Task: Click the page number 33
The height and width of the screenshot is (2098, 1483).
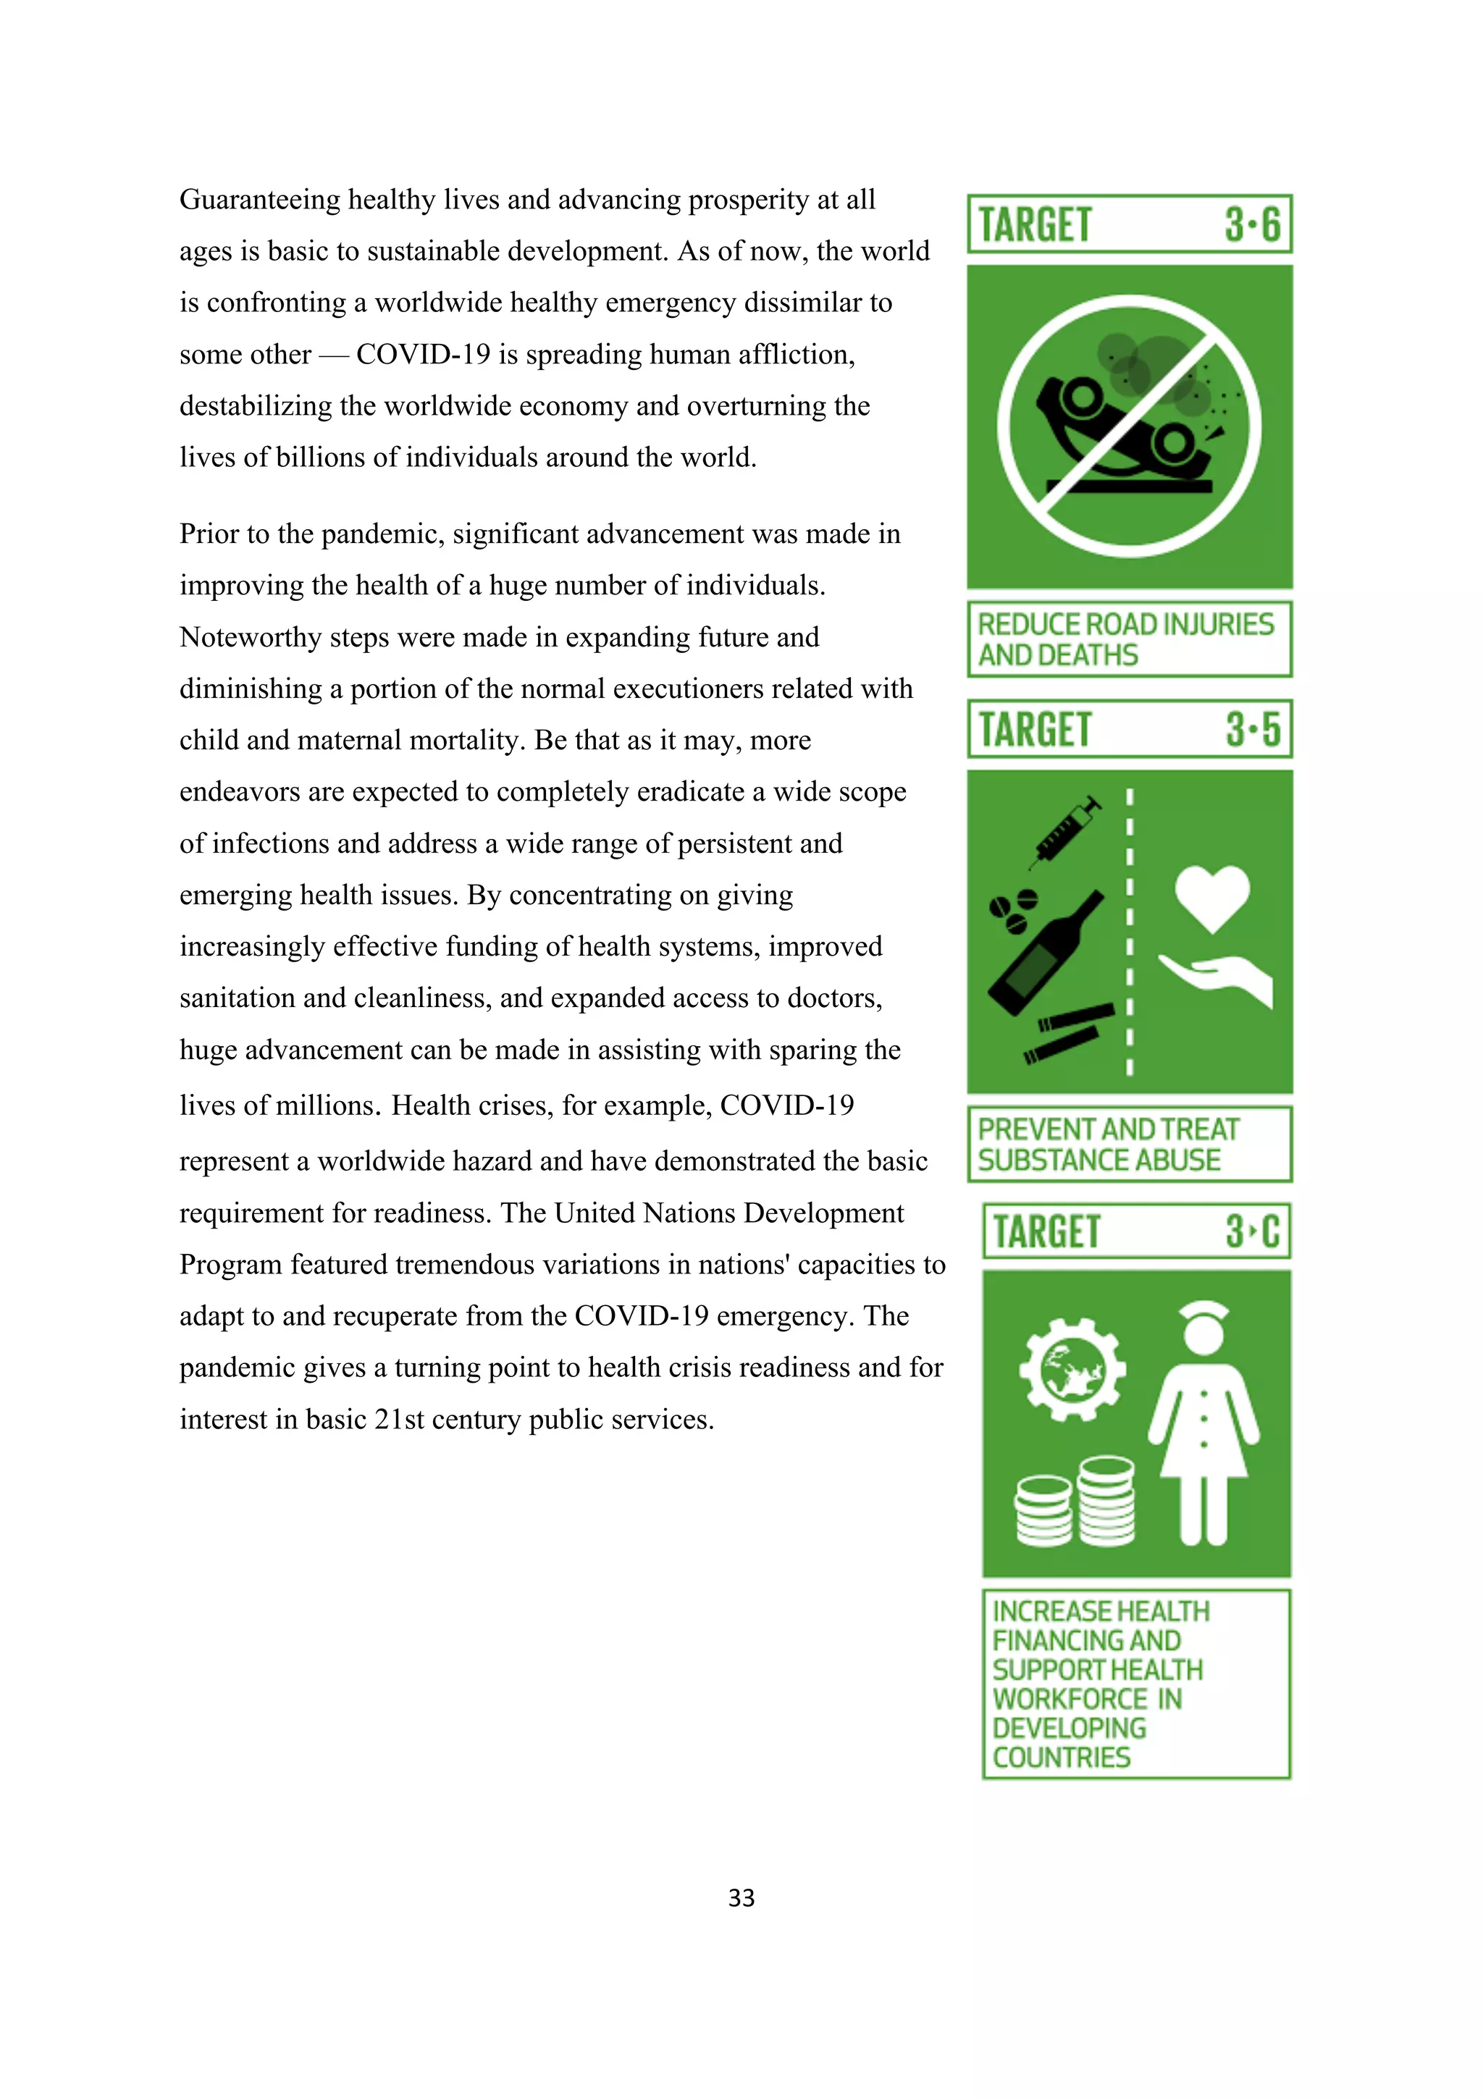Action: [x=741, y=1898]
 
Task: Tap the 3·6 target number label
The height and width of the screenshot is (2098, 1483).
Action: [x=1252, y=224]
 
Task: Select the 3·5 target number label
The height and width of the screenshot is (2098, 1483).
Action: [x=1253, y=729]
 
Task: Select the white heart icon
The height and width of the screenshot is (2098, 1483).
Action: [x=1211, y=896]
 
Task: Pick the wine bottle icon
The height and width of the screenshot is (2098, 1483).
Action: [x=1046, y=955]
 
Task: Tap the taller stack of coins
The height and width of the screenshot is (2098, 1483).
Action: [x=1106, y=1501]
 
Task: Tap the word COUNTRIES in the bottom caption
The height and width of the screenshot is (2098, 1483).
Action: [x=1061, y=1757]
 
